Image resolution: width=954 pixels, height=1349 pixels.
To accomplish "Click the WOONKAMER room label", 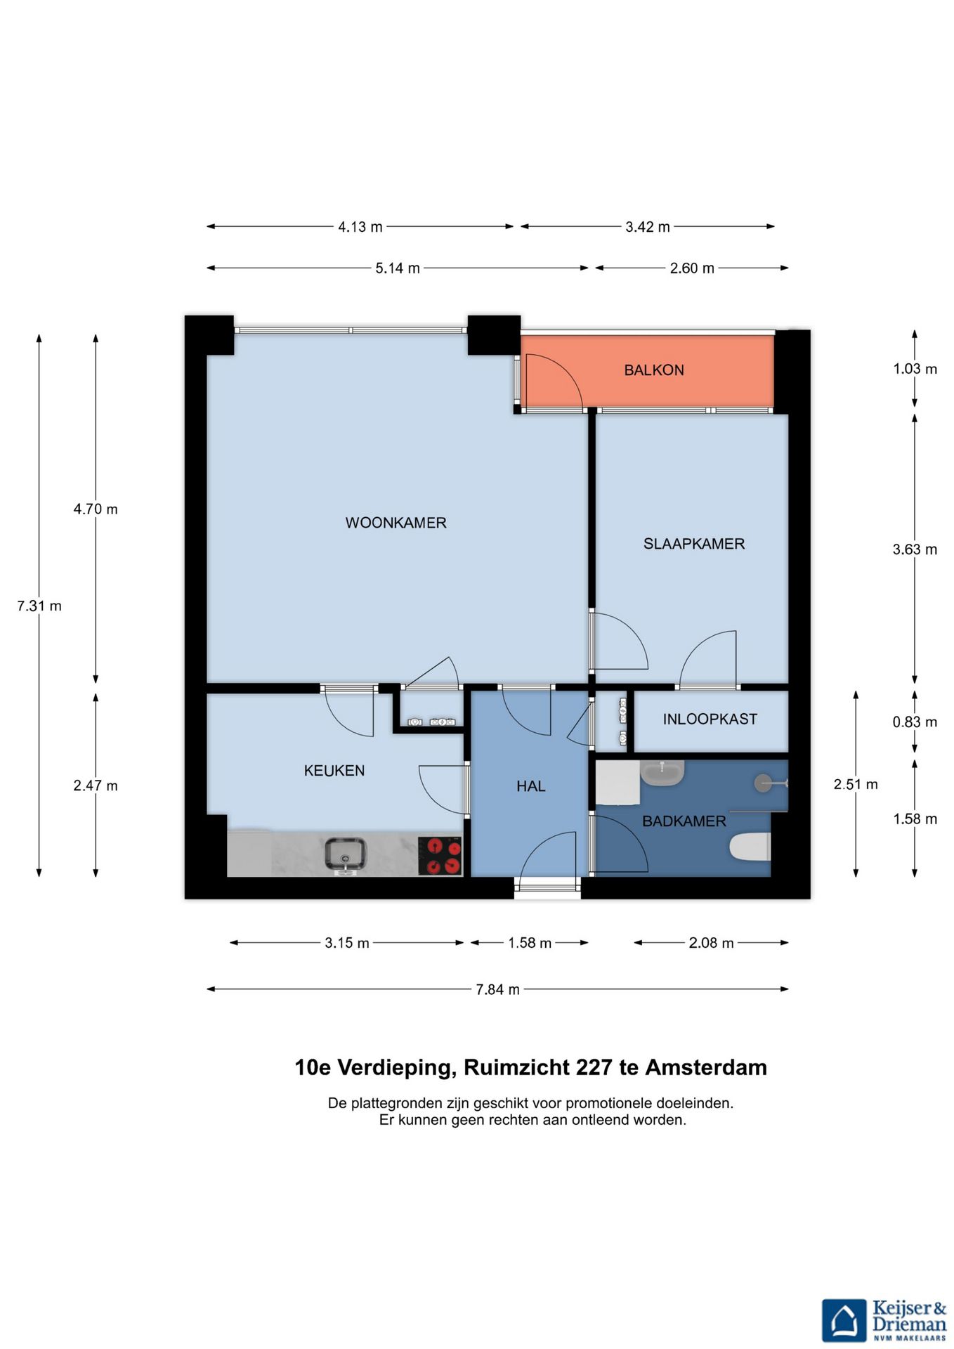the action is click(396, 523).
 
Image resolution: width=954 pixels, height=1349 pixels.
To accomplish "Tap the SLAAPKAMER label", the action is click(694, 544).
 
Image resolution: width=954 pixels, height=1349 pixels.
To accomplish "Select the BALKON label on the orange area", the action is click(654, 370).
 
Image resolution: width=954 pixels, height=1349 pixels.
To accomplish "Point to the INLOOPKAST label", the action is click(710, 719).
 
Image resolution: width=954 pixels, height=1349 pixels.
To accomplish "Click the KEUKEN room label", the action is click(334, 771).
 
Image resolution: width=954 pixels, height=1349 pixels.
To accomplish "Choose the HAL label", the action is click(531, 786).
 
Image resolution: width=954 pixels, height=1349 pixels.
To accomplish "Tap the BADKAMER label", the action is click(684, 821).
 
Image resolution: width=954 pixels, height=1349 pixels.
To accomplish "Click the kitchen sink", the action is click(345, 854).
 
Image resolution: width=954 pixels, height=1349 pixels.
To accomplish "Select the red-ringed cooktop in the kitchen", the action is click(440, 856).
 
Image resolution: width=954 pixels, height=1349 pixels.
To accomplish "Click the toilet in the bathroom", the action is click(750, 847).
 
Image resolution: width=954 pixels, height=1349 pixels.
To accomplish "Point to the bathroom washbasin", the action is click(662, 773).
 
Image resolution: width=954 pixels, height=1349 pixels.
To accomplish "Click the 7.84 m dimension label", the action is click(498, 989).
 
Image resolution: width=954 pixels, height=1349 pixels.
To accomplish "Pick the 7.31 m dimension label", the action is click(39, 606).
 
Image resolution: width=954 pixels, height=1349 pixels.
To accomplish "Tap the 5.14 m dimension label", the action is click(398, 268).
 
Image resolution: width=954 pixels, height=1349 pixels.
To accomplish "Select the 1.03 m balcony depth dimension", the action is click(915, 369).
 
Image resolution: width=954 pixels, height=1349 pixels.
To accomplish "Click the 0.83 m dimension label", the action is click(915, 722).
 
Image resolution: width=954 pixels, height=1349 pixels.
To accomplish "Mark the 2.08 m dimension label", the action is click(711, 943).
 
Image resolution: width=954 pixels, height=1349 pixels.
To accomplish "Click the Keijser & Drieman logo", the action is click(884, 1320).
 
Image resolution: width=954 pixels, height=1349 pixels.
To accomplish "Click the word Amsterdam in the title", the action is click(706, 1067).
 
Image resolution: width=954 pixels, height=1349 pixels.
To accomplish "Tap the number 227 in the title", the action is click(594, 1067).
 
